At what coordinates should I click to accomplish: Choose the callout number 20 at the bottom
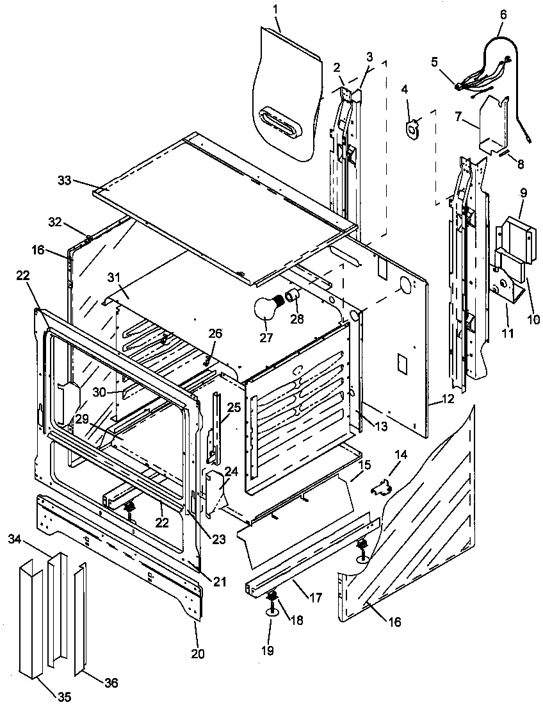click(197, 653)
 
